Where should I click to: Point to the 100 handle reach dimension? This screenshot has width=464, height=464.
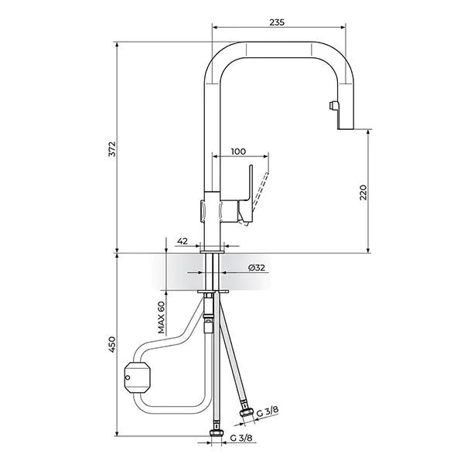coord(239,152)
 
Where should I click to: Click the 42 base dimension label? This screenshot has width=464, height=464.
coord(183,241)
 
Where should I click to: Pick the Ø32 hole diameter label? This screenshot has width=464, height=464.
coord(257,268)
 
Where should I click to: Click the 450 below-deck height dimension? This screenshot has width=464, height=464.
coord(111,343)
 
